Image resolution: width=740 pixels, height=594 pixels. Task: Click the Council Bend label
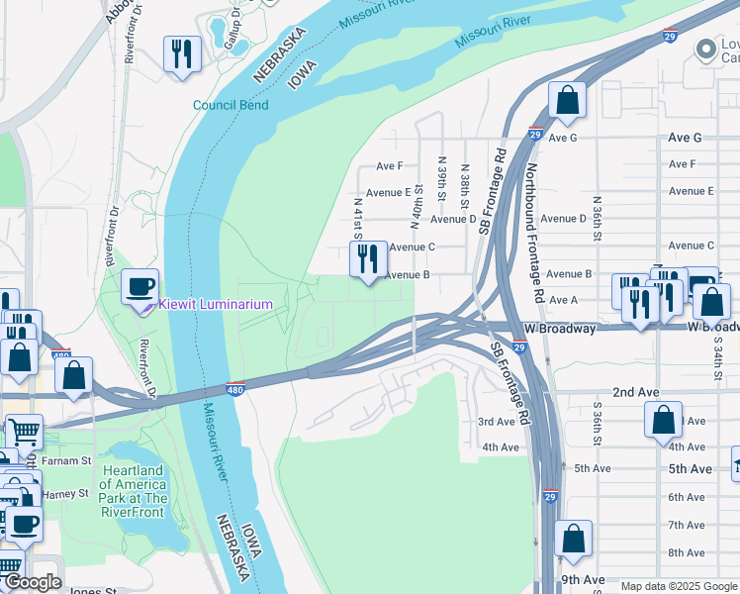pos(231,105)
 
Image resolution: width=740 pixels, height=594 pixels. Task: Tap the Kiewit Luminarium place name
pos(215,304)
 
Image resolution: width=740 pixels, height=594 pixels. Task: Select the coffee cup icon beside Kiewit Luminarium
pos(139,286)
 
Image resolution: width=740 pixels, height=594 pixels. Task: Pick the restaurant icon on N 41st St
pos(368,259)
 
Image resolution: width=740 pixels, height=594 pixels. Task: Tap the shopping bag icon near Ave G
pos(567,100)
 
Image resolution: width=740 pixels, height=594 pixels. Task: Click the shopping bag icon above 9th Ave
pos(573,540)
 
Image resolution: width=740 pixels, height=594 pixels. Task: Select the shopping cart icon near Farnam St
pos(24,432)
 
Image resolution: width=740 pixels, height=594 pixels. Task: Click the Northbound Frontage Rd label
pos(534,233)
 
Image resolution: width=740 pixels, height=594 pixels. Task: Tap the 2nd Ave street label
pos(636,393)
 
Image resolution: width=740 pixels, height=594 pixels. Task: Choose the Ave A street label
pos(563,300)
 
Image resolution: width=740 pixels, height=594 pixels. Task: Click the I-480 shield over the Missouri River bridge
pos(234,388)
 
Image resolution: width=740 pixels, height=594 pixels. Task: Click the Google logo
pos(32,583)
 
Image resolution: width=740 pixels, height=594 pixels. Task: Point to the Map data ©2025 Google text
pos(680,586)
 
